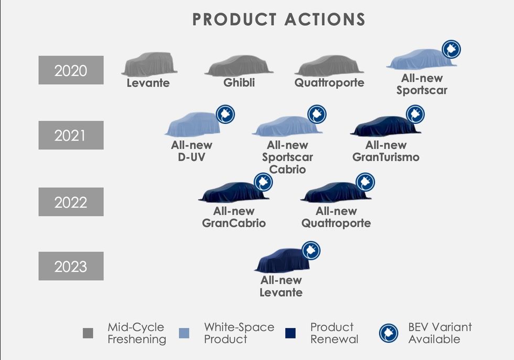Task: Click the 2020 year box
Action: pos(71,70)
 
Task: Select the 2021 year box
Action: pos(71,135)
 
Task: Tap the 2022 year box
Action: pos(71,202)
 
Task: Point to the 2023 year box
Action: pos(71,266)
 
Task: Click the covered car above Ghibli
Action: pos(239,66)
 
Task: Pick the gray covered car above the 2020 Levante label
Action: pos(149,64)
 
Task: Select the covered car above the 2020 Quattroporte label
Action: pos(329,66)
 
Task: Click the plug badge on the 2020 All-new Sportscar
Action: pos(452,49)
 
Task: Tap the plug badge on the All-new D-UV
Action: pos(226,114)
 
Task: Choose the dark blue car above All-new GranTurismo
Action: pos(385,126)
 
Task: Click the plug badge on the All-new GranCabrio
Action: pos(263,182)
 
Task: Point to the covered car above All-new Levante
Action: pos(283,260)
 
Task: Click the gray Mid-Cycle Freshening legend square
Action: pos(88,333)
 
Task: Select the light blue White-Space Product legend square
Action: pos(184,333)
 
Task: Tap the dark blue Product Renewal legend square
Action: pos(291,333)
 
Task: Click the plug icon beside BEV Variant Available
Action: pos(389,333)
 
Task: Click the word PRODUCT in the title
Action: pos(234,19)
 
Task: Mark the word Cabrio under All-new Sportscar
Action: pos(287,170)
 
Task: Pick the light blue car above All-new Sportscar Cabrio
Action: pos(287,126)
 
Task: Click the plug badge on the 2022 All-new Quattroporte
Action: pos(365,182)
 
